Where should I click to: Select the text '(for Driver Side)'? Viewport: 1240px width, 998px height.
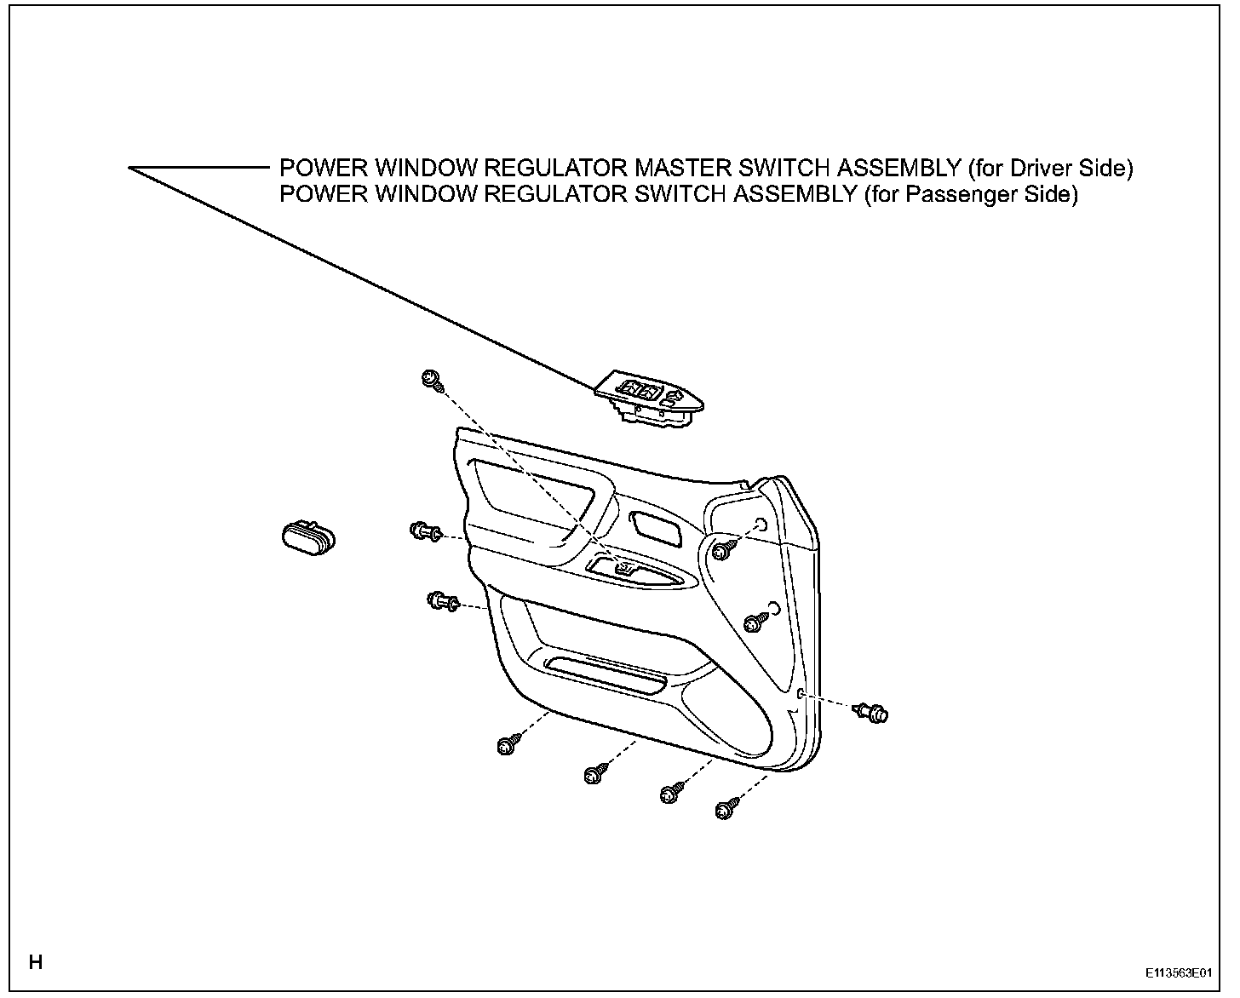pyautogui.click(x=1051, y=169)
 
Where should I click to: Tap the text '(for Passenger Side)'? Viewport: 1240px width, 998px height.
pyautogui.click(x=970, y=195)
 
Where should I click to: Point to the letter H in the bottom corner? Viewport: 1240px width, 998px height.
pyautogui.click(x=36, y=963)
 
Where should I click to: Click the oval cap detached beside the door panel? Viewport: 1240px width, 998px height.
pyautogui.click(x=307, y=537)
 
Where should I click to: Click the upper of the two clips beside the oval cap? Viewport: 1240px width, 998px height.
pyautogui.click(x=424, y=532)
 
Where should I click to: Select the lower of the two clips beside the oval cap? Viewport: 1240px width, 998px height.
pyautogui.click(x=441, y=602)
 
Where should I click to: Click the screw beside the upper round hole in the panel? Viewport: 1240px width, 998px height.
pyautogui.click(x=724, y=549)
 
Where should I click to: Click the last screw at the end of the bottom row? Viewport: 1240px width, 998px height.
pyautogui.click(x=726, y=808)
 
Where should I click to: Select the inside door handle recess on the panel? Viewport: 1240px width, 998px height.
pyautogui.click(x=656, y=528)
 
